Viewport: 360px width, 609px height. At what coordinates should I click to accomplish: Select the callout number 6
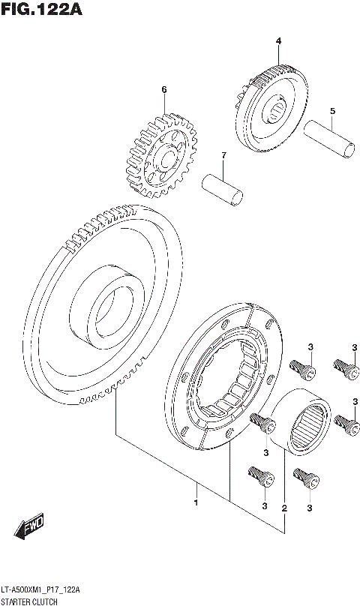163,90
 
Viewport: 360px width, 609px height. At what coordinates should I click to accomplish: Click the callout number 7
222,155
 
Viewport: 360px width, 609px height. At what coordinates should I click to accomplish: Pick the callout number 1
196,502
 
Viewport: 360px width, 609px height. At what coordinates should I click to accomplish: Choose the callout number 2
284,509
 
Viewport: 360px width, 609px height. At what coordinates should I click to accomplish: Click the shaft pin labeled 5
327,139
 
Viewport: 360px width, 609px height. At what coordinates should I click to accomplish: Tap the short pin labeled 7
223,187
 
